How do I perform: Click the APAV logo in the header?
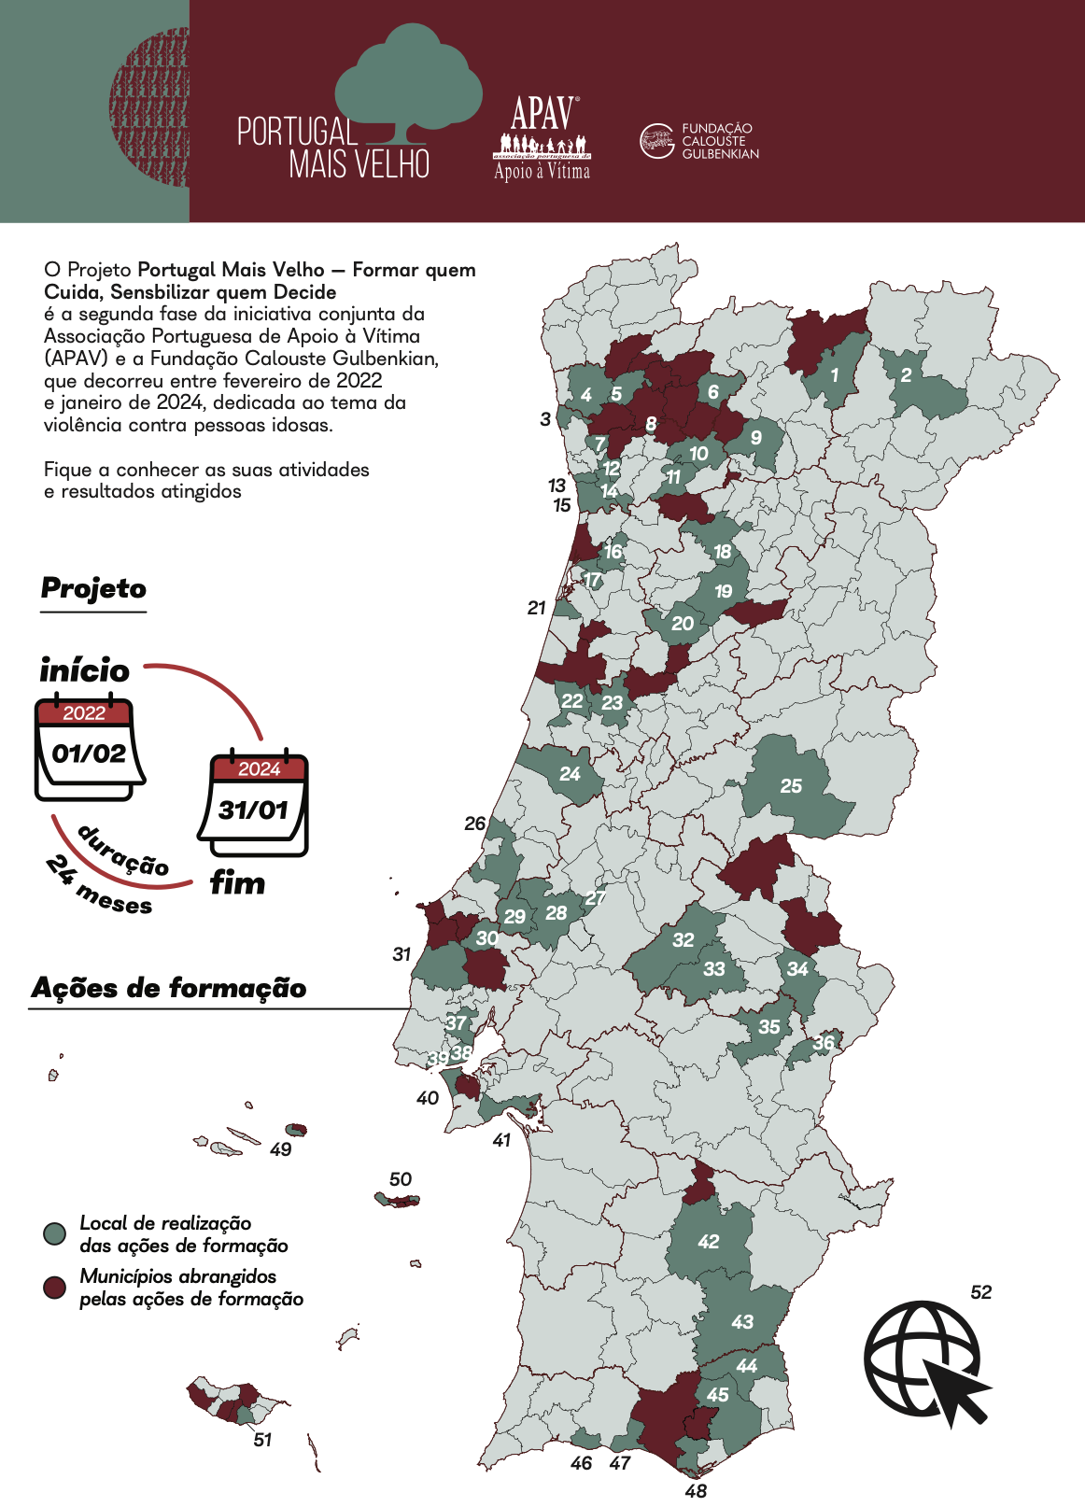(x=542, y=138)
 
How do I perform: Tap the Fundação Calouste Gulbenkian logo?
(x=698, y=141)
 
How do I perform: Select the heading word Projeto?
(x=93, y=589)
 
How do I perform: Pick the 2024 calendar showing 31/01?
(x=254, y=803)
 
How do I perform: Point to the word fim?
(x=237, y=883)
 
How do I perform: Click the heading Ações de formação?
(x=169, y=988)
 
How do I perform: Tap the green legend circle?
(x=55, y=1233)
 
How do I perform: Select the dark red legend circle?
(x=55, y=1288)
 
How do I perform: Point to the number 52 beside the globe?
(x=980, y=1292)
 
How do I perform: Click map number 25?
(x=791, y=786)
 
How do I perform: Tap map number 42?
(x=709, y=1242)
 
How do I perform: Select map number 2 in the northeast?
(x=906, y=375)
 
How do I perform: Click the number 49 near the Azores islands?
(x=280, y=1149)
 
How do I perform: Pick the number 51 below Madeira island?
(x=262, y=1440)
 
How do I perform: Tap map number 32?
(x=683, y=940)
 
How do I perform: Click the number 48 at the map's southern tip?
(x=696, y=1491)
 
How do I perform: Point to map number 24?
(x=570, y=774)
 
